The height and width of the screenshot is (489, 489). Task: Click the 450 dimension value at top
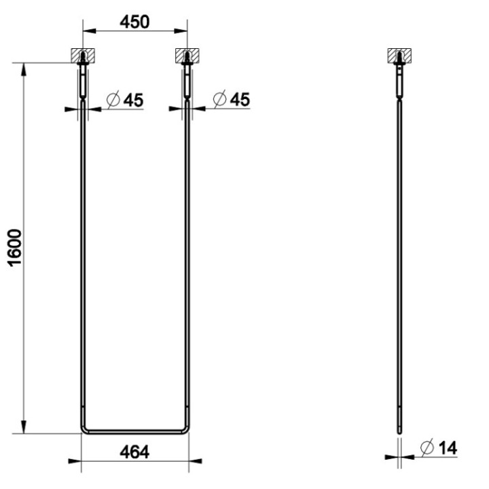[134, 21]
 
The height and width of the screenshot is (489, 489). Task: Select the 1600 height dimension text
[16, 248]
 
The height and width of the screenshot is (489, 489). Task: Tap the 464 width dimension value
[134, 450]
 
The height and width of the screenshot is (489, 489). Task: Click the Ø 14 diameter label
[438, 448]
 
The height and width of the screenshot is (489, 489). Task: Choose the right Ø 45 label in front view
[230, 99]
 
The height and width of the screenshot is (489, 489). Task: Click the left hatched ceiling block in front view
[82, 54]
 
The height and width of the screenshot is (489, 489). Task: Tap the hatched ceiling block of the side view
[400, 54]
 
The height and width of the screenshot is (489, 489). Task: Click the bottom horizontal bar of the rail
[134, 431]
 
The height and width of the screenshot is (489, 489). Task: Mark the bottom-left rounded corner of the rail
[84, 429]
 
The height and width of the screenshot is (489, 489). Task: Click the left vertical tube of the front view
[82, 272]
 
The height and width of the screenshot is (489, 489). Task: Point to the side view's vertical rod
[400, 272]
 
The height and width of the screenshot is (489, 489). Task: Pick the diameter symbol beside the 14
[427, 448]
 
